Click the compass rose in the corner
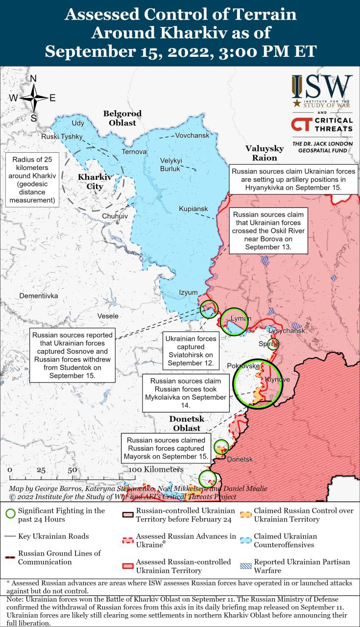click(x=33, y=98)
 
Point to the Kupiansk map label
click(x=193, y=209)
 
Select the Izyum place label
click(x=188, y=292)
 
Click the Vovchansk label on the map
click(x=192, y=135)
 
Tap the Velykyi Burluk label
click(x=171, y=165)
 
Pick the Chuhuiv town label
click(x=115, y=216)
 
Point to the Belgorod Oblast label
click(x=122, y=118)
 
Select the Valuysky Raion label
click(x=264, y=153)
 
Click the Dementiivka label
click(x=39, y=296)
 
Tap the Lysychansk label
click(x=287, y=331)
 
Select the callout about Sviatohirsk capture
click(x=191, y=351)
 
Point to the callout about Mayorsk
click(x=167, y=448)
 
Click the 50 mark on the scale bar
click(x=72, y=469)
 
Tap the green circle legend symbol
click(x=10, y=514)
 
